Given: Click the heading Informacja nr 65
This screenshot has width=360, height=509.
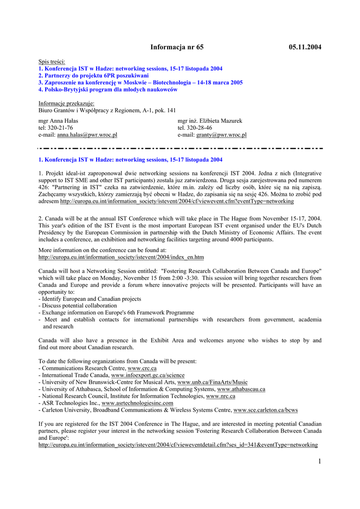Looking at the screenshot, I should (x=177, y=47).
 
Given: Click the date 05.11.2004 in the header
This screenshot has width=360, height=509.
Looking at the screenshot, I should (x=305, y=47).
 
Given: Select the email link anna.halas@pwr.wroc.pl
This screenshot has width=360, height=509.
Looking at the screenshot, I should (x=87, y=135).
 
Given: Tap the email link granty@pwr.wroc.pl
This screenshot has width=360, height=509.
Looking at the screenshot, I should (x=221, y=135).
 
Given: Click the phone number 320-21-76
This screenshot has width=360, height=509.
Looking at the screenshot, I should (x=60, y=128).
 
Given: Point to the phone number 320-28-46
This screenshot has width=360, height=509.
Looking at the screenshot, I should (x=199, y=128).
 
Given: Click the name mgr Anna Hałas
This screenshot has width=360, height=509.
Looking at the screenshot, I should (x=58, y=121).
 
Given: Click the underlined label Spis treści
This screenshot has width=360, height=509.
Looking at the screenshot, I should (x=52, y=61).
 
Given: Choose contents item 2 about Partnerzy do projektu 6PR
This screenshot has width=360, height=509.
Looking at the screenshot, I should (x=93, y=76).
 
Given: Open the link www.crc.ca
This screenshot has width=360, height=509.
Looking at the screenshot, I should (x=142, y=368).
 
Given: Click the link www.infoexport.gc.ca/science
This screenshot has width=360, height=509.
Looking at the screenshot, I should (x=148, y=375).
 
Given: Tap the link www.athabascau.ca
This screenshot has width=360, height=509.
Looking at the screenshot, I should (x=241, y=389).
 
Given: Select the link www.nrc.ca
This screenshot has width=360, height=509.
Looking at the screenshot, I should (x=221, y=396).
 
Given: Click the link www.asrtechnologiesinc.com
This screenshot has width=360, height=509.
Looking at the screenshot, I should (x=137, y=403).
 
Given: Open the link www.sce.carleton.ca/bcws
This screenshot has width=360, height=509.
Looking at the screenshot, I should (x=266, y=410).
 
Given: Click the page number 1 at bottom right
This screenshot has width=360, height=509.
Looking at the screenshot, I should (x=319, y=462).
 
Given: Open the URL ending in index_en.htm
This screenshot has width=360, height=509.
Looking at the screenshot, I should (x=121, y=257).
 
